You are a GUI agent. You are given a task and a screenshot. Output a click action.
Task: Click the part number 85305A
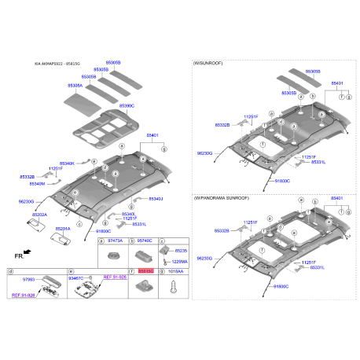(x=75, y=85)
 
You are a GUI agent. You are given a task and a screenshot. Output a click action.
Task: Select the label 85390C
(x=127, y=105)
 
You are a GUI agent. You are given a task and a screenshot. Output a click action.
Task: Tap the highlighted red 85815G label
(x=145, y=270)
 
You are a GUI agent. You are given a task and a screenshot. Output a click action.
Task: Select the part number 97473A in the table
(x=115, y=240)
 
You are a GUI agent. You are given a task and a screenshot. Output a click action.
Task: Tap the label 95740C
(x=145, y=240)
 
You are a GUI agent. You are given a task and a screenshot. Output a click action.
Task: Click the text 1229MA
(x=179, y=262)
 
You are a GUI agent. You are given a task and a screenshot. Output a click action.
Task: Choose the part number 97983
(x=29, y=278)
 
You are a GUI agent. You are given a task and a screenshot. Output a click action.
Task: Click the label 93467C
(x=76, y=278)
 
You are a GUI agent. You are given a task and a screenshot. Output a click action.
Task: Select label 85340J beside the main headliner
(x=154, y=199)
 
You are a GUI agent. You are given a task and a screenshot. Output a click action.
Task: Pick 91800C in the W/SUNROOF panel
(x=281, y=181)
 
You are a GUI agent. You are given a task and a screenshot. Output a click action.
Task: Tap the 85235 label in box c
(x=181, y=249)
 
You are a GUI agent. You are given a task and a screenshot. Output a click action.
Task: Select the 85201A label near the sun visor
(x=62, y=229)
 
